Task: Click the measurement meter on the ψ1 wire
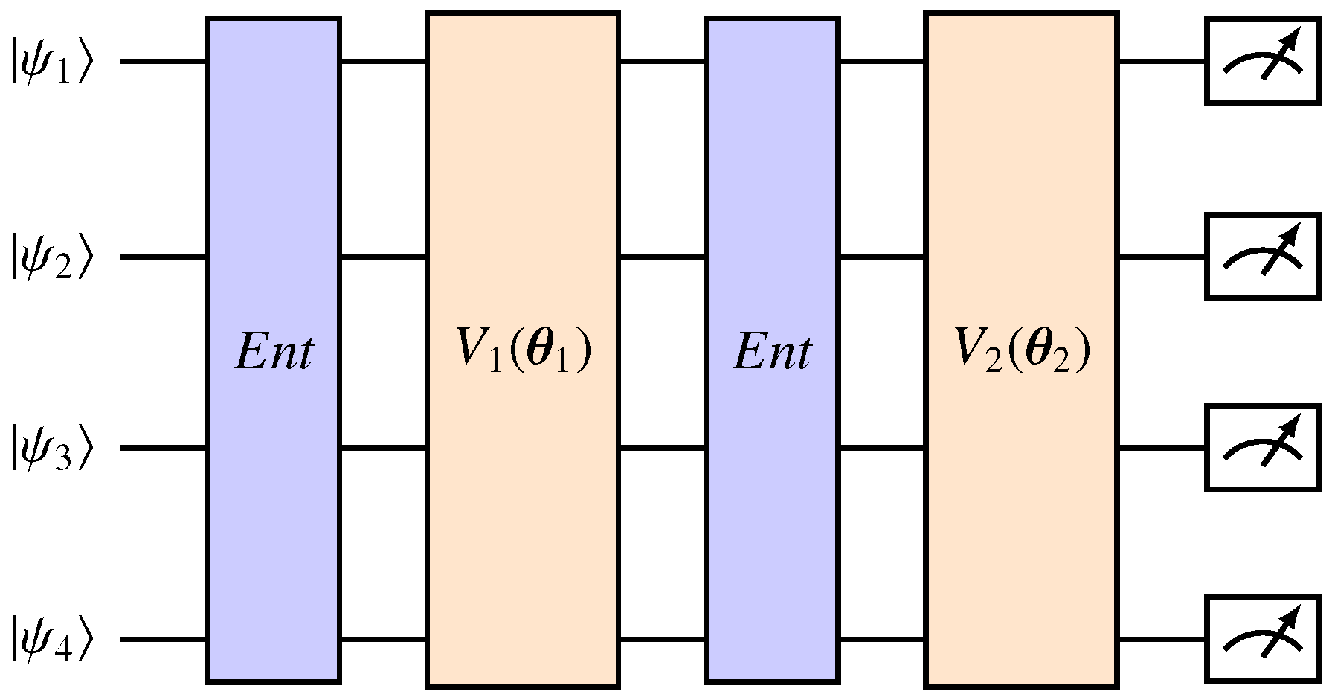click(1263, 62)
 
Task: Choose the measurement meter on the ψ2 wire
click(1263, 257)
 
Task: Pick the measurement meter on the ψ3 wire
click(1263, 448)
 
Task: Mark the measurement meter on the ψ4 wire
click(1263, 639)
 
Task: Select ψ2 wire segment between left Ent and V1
click(383, 257)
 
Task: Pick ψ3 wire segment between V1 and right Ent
click(662, 448)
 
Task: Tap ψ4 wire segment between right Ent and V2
click(882, 639)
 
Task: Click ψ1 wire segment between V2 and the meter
click(1162, 61)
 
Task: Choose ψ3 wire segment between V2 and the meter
click(1162, 448)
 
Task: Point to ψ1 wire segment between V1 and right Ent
click(662, 61)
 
